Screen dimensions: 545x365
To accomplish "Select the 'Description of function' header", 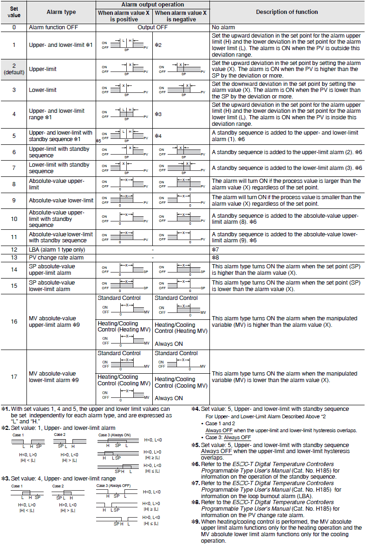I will (287, 12).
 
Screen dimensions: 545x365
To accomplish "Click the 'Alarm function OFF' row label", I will (53, 27).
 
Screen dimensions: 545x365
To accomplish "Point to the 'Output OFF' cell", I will (152, 27).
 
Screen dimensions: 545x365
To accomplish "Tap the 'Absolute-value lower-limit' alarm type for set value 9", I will (61, 201).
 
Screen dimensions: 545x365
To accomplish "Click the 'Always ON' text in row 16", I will (169, 344).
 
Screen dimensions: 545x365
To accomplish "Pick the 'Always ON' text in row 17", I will (169, 398).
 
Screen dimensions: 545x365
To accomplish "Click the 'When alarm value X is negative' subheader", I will (181, 16).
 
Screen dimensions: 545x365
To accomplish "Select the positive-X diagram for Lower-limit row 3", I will (124, 89).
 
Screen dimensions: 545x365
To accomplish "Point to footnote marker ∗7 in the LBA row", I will (215, 250).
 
